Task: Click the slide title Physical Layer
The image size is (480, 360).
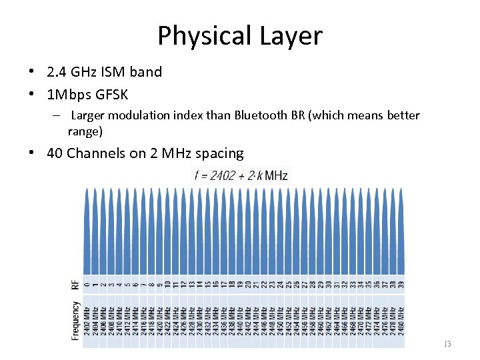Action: pos(239,36)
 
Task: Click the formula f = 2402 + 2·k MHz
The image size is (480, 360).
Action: pos(241,176)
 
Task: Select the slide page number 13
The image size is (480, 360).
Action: pos(447,344)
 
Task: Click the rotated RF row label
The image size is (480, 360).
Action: pos(75,285)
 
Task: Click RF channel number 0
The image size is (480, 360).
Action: pos(87,285)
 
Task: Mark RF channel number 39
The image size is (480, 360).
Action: pos(401,285)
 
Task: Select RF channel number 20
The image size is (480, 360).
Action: pos(248,285)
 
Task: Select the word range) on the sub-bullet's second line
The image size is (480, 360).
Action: pos(85,131)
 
